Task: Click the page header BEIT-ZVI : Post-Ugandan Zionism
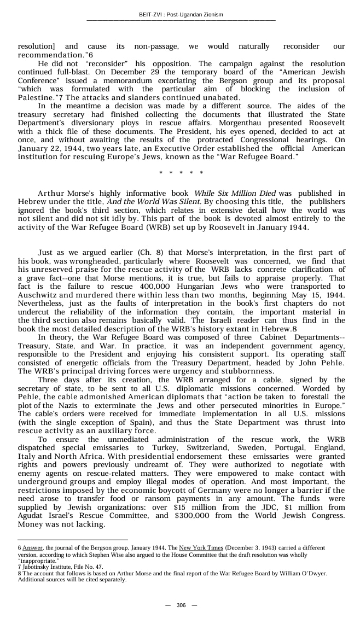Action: point(181,15)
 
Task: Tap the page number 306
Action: point(181,605)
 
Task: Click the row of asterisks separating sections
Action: point(181,173)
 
